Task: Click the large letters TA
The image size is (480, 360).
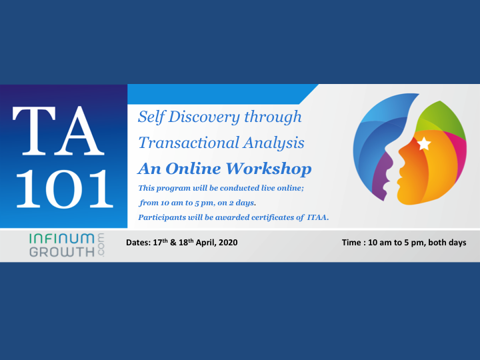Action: coord(58,131)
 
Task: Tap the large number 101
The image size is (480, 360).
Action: coord(65,189)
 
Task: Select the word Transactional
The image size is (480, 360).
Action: coord(189,143)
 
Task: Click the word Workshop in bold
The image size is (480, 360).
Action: coord(269,169)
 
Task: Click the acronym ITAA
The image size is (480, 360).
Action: coord(318,217)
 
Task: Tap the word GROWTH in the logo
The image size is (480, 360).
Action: coord(62,252)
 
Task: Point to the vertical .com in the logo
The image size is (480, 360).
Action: coord(101,245)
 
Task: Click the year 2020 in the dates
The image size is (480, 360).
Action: coord(229,243)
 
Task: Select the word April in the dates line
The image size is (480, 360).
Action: coord(206,243)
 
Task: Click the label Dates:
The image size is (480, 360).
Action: coord(139,243)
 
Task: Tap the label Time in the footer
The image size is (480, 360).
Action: coord(351,243)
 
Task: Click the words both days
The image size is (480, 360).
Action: coord(447,243)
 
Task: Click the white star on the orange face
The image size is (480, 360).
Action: coord(424,143)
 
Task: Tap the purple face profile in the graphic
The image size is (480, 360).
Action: coord(382,177)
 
